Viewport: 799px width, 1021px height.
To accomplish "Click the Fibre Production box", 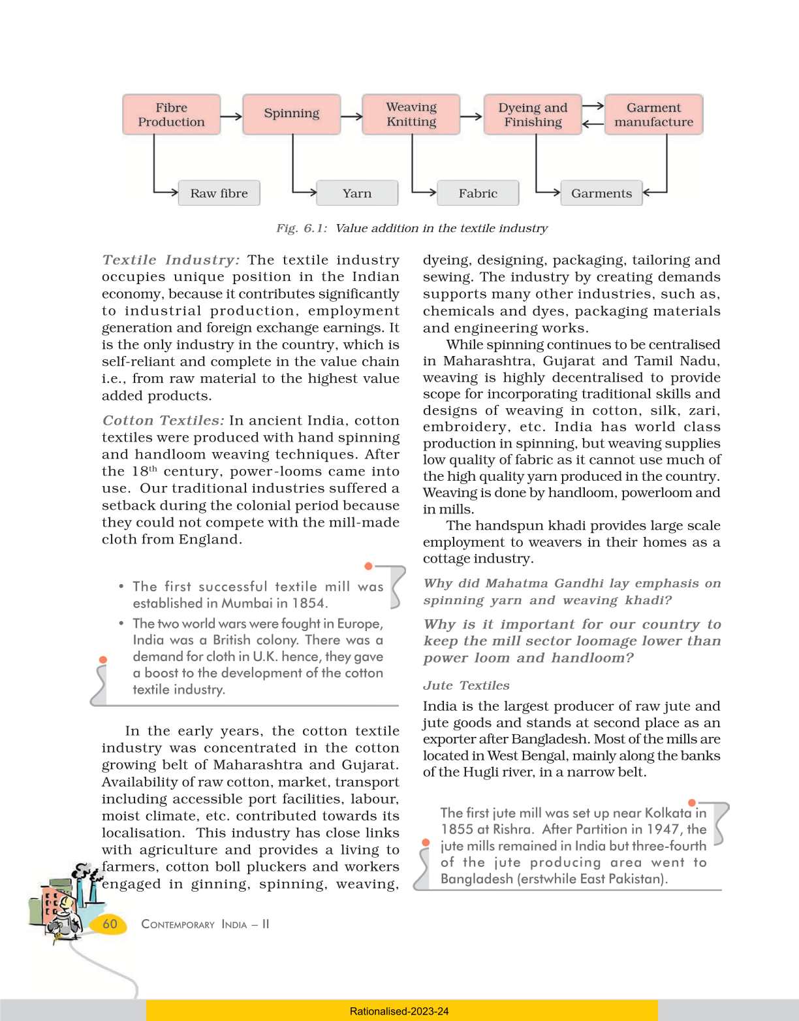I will click(171, 115).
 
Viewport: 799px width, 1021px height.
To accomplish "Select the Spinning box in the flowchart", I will click(291, 114).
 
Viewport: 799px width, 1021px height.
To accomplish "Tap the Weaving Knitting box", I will click(411, 114).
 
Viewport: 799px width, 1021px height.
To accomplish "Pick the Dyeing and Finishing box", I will click(533, 115).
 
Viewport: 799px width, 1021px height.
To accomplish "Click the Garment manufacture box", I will click(653, 115).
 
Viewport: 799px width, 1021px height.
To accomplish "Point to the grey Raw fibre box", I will click(219, 193).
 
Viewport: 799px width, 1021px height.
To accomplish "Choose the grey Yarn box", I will click(357, 193).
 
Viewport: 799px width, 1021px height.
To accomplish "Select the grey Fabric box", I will click(478, 193).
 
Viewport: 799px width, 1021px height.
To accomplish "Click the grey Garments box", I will click(601, 193).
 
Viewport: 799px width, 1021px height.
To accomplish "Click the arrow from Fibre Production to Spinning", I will click(231, 117).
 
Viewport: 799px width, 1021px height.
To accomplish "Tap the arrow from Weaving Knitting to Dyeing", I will click(471, 117).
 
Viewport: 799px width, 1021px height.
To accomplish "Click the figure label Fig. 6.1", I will click(301, 229).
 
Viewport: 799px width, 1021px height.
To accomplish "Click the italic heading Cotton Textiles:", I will click(163, 421).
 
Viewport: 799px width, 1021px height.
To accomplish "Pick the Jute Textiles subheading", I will click(466, 685).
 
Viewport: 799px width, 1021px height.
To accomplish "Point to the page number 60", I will click(110, 924).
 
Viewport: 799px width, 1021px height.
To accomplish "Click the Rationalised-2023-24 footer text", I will click(399, 1011).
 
